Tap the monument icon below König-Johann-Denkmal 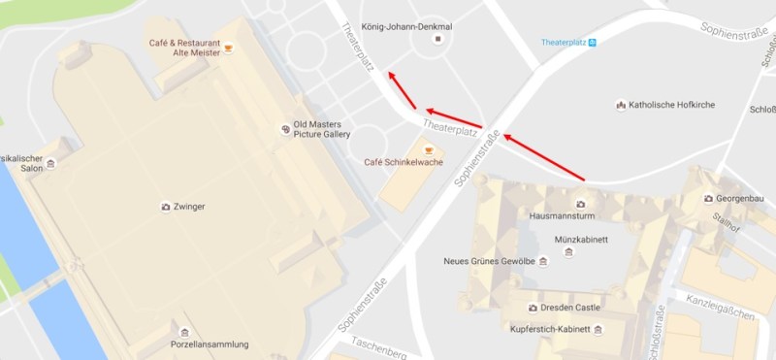[437, 39]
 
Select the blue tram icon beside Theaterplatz [593, 42]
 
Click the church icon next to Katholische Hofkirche [621, 105]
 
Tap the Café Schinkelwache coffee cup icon [428, 150]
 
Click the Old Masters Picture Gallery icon [284, 126]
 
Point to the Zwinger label [191, 207]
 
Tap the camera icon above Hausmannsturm [580, 203]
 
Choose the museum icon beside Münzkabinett [567, 251]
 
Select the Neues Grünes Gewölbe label [489, 261]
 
